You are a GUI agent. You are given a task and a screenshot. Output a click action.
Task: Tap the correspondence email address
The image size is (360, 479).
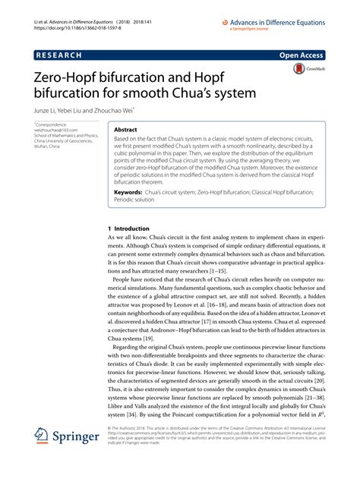point(55,129)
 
